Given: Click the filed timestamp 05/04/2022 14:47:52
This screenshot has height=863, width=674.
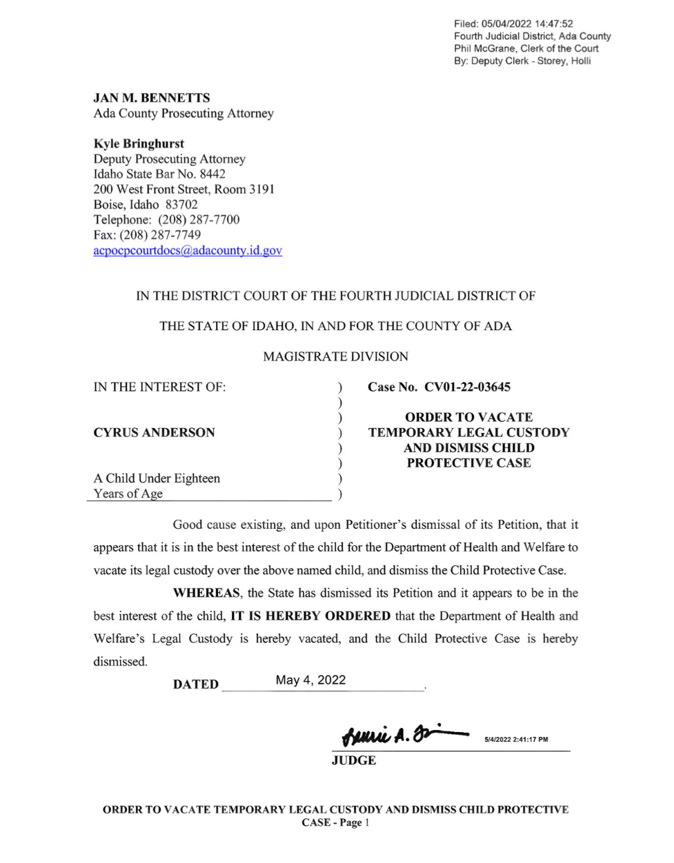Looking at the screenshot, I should click(x=529, y=24).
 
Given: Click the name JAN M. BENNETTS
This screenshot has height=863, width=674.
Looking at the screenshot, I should click(x=152, y=98).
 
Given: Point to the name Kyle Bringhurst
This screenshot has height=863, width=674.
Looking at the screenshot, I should click(x=139, y=144).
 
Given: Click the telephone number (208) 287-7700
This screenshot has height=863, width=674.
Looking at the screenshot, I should click(x=199, y=220).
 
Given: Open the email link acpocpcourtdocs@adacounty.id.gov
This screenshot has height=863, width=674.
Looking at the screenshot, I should click(x=188, y=251).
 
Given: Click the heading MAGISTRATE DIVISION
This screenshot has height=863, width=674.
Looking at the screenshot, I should click(x=336, y=357).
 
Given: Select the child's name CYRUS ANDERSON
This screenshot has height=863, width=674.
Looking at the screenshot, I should click(x=154, y=433).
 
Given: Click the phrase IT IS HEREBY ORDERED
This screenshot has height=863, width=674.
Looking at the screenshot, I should click(x=310, y=616).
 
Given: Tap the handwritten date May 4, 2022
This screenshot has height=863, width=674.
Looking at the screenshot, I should click(x=310, y=680).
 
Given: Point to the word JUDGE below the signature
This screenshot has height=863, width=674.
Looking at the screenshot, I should click(x=354, y=760).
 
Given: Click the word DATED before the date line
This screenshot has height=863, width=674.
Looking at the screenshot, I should click(x=196, y=684).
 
